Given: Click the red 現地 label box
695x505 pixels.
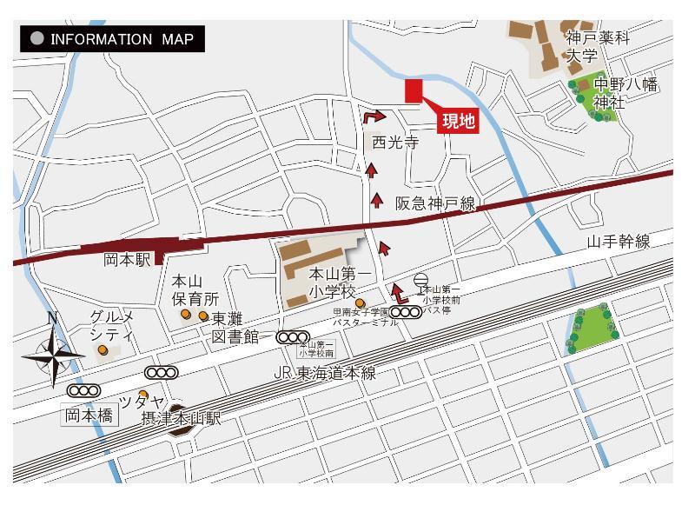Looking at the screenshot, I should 459,121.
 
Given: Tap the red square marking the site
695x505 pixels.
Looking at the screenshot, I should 413,91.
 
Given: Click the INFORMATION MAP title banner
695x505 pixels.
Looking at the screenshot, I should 113,39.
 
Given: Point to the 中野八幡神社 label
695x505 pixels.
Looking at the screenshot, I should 625,93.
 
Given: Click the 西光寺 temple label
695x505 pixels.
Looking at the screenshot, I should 395,143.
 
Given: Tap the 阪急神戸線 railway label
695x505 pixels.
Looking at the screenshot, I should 436,203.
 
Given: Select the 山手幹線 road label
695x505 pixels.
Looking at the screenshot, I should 619,242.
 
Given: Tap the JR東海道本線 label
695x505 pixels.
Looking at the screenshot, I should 324,373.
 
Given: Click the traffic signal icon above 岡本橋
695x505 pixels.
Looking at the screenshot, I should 89,391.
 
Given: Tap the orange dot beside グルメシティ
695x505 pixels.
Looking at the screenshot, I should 103,350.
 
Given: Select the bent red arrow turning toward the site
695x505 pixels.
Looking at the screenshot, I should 373,116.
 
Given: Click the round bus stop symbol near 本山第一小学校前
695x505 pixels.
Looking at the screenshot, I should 421,280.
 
